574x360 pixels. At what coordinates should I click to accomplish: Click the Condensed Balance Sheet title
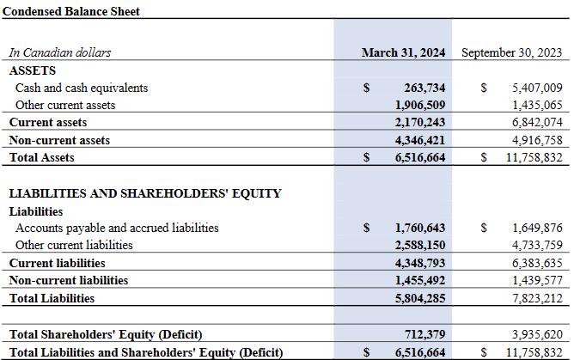[71, 12]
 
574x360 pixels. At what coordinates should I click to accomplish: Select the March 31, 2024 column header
[403, 52]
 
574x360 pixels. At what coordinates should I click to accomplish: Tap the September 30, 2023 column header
[511, 52]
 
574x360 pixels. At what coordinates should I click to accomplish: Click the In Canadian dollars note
[60, 52]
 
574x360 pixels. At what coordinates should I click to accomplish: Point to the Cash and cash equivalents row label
[82, 88]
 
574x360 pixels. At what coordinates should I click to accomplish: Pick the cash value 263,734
[424, 88]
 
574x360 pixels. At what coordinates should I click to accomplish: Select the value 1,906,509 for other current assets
[420, 105]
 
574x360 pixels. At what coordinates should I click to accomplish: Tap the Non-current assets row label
[59, 140]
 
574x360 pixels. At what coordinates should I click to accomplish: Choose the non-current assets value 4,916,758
[536, 140]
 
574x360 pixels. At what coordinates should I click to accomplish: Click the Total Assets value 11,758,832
[532, 157]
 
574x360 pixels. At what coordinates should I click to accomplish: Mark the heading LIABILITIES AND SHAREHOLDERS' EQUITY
[145, 193]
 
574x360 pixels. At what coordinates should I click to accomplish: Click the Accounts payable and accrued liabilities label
[117, 229]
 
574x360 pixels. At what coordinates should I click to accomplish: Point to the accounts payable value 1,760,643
[420, 229]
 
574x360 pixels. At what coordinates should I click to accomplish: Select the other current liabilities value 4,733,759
[536, 246]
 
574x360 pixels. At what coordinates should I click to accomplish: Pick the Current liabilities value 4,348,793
[420, 263]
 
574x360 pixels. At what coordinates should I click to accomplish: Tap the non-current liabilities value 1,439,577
[536, 280]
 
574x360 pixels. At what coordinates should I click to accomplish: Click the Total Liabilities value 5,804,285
[420, 298]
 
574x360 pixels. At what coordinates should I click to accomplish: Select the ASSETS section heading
[32, 70]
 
